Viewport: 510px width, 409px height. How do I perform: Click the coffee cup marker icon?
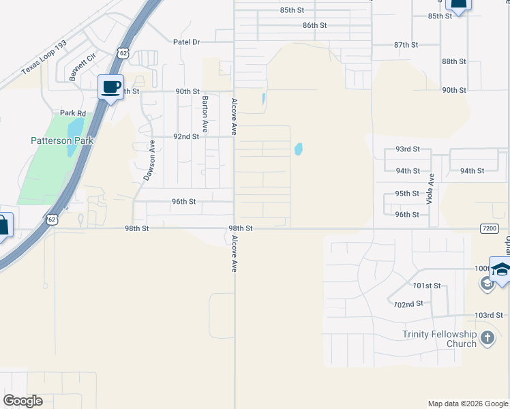click(111, 87)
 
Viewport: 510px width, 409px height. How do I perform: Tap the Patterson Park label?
click(61, 141)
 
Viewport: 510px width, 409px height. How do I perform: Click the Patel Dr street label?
click(186, 42)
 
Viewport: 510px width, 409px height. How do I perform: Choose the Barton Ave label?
click(205, 114)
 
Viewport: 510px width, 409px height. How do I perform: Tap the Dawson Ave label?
click(150, 160)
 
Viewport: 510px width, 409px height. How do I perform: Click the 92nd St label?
click(185, 136)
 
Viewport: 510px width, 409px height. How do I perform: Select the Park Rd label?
click(73, 113)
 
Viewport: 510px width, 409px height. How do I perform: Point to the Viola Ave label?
click(430, 189)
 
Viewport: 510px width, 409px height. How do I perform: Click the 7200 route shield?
click(489, 228)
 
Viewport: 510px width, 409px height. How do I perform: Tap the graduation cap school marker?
click(501, 269)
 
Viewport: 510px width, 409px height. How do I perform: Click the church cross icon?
click(487, 337)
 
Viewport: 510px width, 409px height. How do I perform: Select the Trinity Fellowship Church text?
click(439, 339)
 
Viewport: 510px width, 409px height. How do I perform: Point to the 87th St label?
click(405, 45)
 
